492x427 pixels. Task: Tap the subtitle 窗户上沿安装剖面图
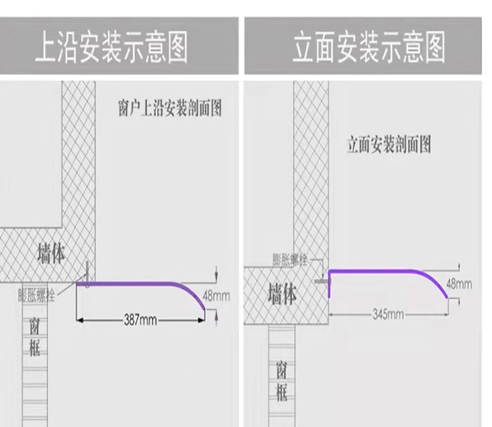click(170, 108)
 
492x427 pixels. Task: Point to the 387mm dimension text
click(140, 320)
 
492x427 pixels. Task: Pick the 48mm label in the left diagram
click(216, 296)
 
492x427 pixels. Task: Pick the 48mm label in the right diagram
click(459, 284)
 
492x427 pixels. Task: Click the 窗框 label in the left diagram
click(35, 336)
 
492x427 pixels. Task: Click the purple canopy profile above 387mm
click(138, 284)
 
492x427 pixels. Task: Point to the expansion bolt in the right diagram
click(321, 280)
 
